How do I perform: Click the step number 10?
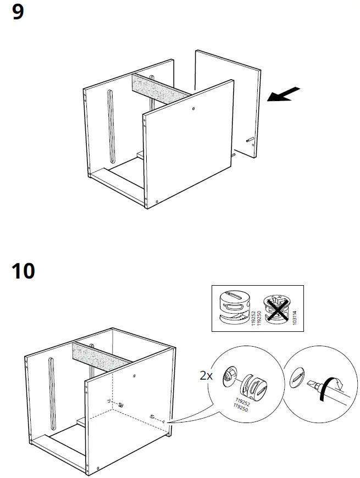23,270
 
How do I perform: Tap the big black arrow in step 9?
284,94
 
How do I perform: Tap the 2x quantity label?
206,376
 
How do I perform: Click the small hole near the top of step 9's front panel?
194,109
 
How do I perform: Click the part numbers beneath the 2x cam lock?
240,404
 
